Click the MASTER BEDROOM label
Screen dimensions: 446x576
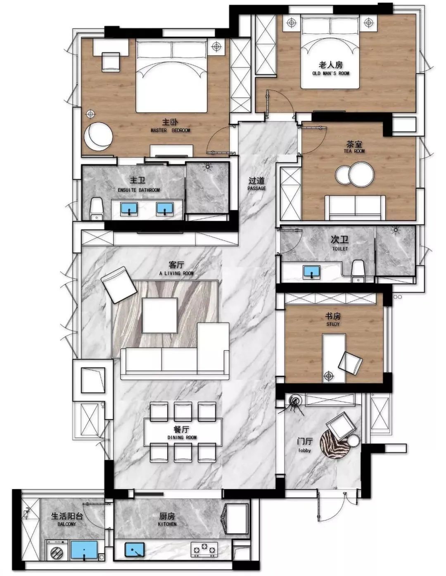(170, 130)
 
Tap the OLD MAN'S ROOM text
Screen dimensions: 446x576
(331, 74)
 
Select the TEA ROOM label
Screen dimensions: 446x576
(354, 151)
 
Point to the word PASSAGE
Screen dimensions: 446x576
(256, 189)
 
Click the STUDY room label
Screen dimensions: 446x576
(333, 324)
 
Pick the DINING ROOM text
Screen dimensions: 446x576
(182, 437)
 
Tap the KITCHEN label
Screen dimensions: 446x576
(167, 524)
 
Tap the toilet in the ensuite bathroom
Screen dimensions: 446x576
(96, 209)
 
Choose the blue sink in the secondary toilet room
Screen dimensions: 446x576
(311, 272)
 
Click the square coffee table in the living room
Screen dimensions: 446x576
(160, 315)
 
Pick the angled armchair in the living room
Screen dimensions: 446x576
(119, 284)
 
